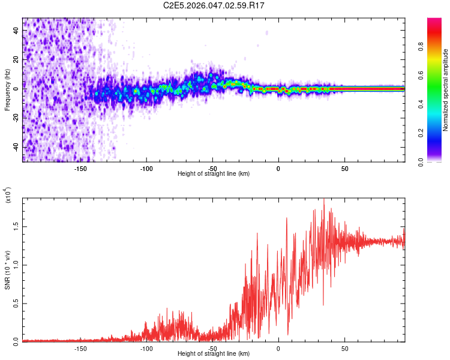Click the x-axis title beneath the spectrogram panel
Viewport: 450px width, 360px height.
point(214,173)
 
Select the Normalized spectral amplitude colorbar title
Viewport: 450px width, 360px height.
point(445,90)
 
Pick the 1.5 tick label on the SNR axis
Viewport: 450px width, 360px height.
point(15,226)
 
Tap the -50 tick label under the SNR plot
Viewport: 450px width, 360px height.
point(212,348)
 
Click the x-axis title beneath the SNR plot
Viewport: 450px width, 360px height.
point(214,354)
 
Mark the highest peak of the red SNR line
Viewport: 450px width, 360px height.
point(324,200)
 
